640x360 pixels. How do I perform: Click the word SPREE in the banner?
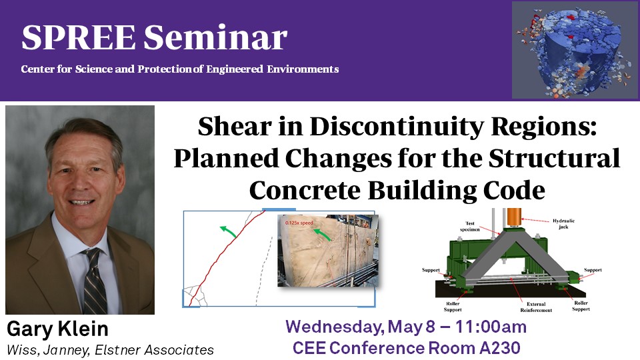(x=79, y=37)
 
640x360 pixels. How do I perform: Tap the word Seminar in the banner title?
(x=215, y=37)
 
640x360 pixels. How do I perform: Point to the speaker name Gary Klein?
(x=57, y=329)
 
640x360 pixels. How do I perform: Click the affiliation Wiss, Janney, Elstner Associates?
(x=110, y=350)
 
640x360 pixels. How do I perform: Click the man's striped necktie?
(x=95, y=281)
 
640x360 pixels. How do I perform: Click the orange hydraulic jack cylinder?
(x=514, y=217)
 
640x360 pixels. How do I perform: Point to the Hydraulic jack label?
(x=564, y=224)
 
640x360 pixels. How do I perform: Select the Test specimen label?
(x=470, y=227)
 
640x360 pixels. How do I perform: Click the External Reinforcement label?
(x=536, y=307)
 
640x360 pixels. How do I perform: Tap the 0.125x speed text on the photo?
(x=299, y=223)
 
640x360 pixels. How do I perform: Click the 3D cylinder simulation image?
(x=575, y=50)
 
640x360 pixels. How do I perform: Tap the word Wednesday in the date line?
(x=335, y=327)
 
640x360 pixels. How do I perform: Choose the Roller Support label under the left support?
(x=453, y=307)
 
